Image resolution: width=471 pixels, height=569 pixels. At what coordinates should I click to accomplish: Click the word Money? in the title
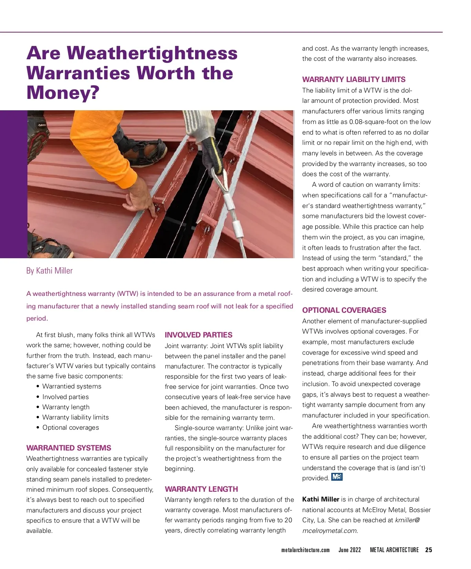click(x=63, y=93)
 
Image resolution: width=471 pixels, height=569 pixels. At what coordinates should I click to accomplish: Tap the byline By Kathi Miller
click(x=49, y=271)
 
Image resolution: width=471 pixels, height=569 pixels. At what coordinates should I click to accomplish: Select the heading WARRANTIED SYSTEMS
click(x=69, y=448)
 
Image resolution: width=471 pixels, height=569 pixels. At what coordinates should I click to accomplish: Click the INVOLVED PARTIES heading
click(x=199, y=335)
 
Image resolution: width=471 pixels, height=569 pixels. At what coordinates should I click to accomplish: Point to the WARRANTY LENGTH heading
click(x=201, y=489)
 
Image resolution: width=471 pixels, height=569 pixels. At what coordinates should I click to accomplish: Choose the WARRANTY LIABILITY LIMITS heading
click(x=354, y=79)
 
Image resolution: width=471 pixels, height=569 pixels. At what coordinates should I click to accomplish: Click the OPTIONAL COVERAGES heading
click(x=344, y=310)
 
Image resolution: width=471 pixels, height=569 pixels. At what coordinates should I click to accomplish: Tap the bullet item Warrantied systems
click(x=72, y=386)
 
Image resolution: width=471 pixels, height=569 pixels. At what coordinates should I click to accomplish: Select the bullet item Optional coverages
click(x=71, y=427)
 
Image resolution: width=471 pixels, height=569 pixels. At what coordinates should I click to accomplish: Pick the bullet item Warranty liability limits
click(x=75, y=417)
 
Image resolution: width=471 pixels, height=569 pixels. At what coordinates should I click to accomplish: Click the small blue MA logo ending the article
click(x=337, y=477)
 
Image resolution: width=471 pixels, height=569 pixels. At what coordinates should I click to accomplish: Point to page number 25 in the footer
click(x=429, y=550)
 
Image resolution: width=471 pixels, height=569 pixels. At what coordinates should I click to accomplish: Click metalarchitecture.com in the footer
click(x=305, y=550)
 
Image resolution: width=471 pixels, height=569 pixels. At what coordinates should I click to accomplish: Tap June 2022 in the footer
click(x=350, y=550)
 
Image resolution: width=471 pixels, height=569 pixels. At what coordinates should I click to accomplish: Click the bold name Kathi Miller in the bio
click(x=321, y=499)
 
